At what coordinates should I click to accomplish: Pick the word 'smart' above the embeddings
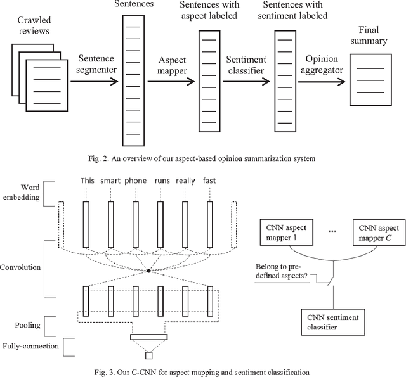110,181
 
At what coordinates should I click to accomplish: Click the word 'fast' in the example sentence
209,181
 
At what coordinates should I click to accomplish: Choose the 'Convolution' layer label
22,267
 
